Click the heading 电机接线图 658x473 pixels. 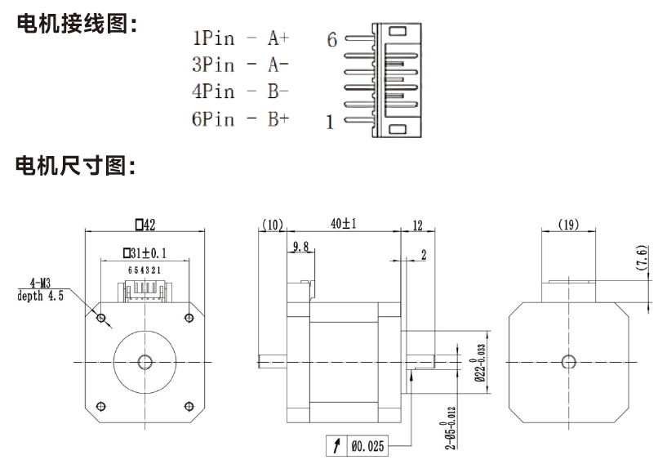(x=75, y=25)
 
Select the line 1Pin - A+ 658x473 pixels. (x=241, y=38)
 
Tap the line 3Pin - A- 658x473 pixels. (x=241, y=65)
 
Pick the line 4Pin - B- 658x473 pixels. (x=241, y=92)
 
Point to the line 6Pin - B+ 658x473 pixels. (x=241, y=119)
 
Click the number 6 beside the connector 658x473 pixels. (x=332, y=38)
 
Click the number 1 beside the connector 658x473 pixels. (x=330, y=123)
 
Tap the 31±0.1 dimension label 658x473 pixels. (x=145, y=253)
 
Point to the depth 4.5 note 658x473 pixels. (x=39, y=296)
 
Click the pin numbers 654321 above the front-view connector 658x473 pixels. (x=145, y=270)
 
